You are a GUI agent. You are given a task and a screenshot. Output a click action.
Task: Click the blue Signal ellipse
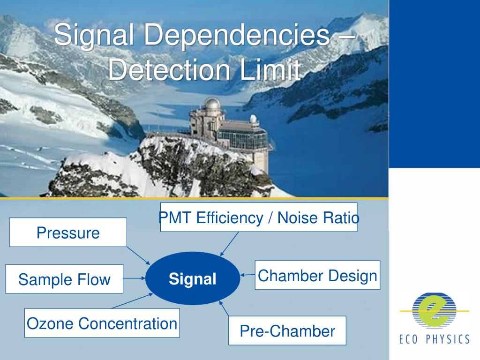click(x=193, y=278)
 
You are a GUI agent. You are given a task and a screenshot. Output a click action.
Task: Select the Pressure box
click(x=68, y=232)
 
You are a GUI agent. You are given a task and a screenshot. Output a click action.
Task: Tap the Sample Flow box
click(x=64, y=279)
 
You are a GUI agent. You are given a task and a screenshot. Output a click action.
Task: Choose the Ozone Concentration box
click(x=102, y=323)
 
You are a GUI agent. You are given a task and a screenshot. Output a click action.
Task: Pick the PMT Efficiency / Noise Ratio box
click(x=259, y=217)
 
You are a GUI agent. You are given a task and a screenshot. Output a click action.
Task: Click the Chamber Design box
click(x=317, y=275)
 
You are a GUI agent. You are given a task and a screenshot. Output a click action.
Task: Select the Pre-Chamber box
click(x=287, y=331)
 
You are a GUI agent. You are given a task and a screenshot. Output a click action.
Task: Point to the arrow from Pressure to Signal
click(x=138, y=255)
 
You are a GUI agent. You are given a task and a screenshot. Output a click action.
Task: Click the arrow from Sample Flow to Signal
click(x=135, y=278)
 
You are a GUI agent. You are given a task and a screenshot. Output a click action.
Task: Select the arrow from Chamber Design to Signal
click(x=247, y=274)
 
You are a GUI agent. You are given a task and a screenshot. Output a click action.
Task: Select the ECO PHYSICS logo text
click(x=434, y=339)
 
